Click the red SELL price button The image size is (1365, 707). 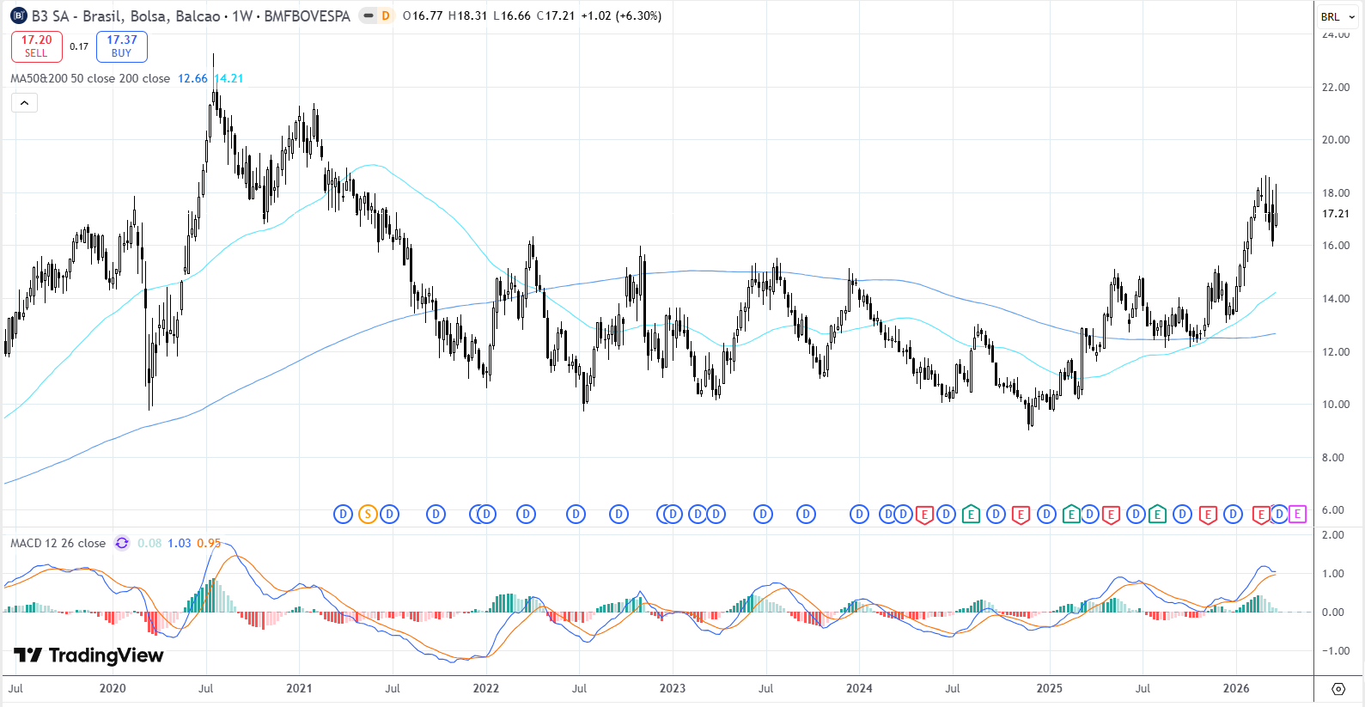tap(36, 46)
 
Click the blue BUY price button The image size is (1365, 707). tap(122, 46)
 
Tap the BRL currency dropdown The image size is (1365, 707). tap(1338, 16)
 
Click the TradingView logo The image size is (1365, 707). tap(88, 655)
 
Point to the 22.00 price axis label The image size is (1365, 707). tap(1335, 87)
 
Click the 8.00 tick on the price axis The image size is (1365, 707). tap(1332, 457)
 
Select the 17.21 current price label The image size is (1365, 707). tap(1335, 214)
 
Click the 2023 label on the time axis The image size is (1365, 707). tap(673, 688)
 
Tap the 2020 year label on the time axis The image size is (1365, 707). tap(113, 688)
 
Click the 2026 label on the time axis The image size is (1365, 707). tap(1236, 688)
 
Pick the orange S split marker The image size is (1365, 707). tap(368, 515)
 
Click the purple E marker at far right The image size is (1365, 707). tap(1297, 515)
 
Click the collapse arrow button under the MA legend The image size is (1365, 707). tap(24, 103)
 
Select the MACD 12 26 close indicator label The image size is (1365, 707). tap(58, 543)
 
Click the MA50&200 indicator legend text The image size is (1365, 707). tap(90, 78)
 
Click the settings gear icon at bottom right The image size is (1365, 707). tap(1338, 689)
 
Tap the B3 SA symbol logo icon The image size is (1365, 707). tap(19, 16)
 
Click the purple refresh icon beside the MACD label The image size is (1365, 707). tap(122, 543)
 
